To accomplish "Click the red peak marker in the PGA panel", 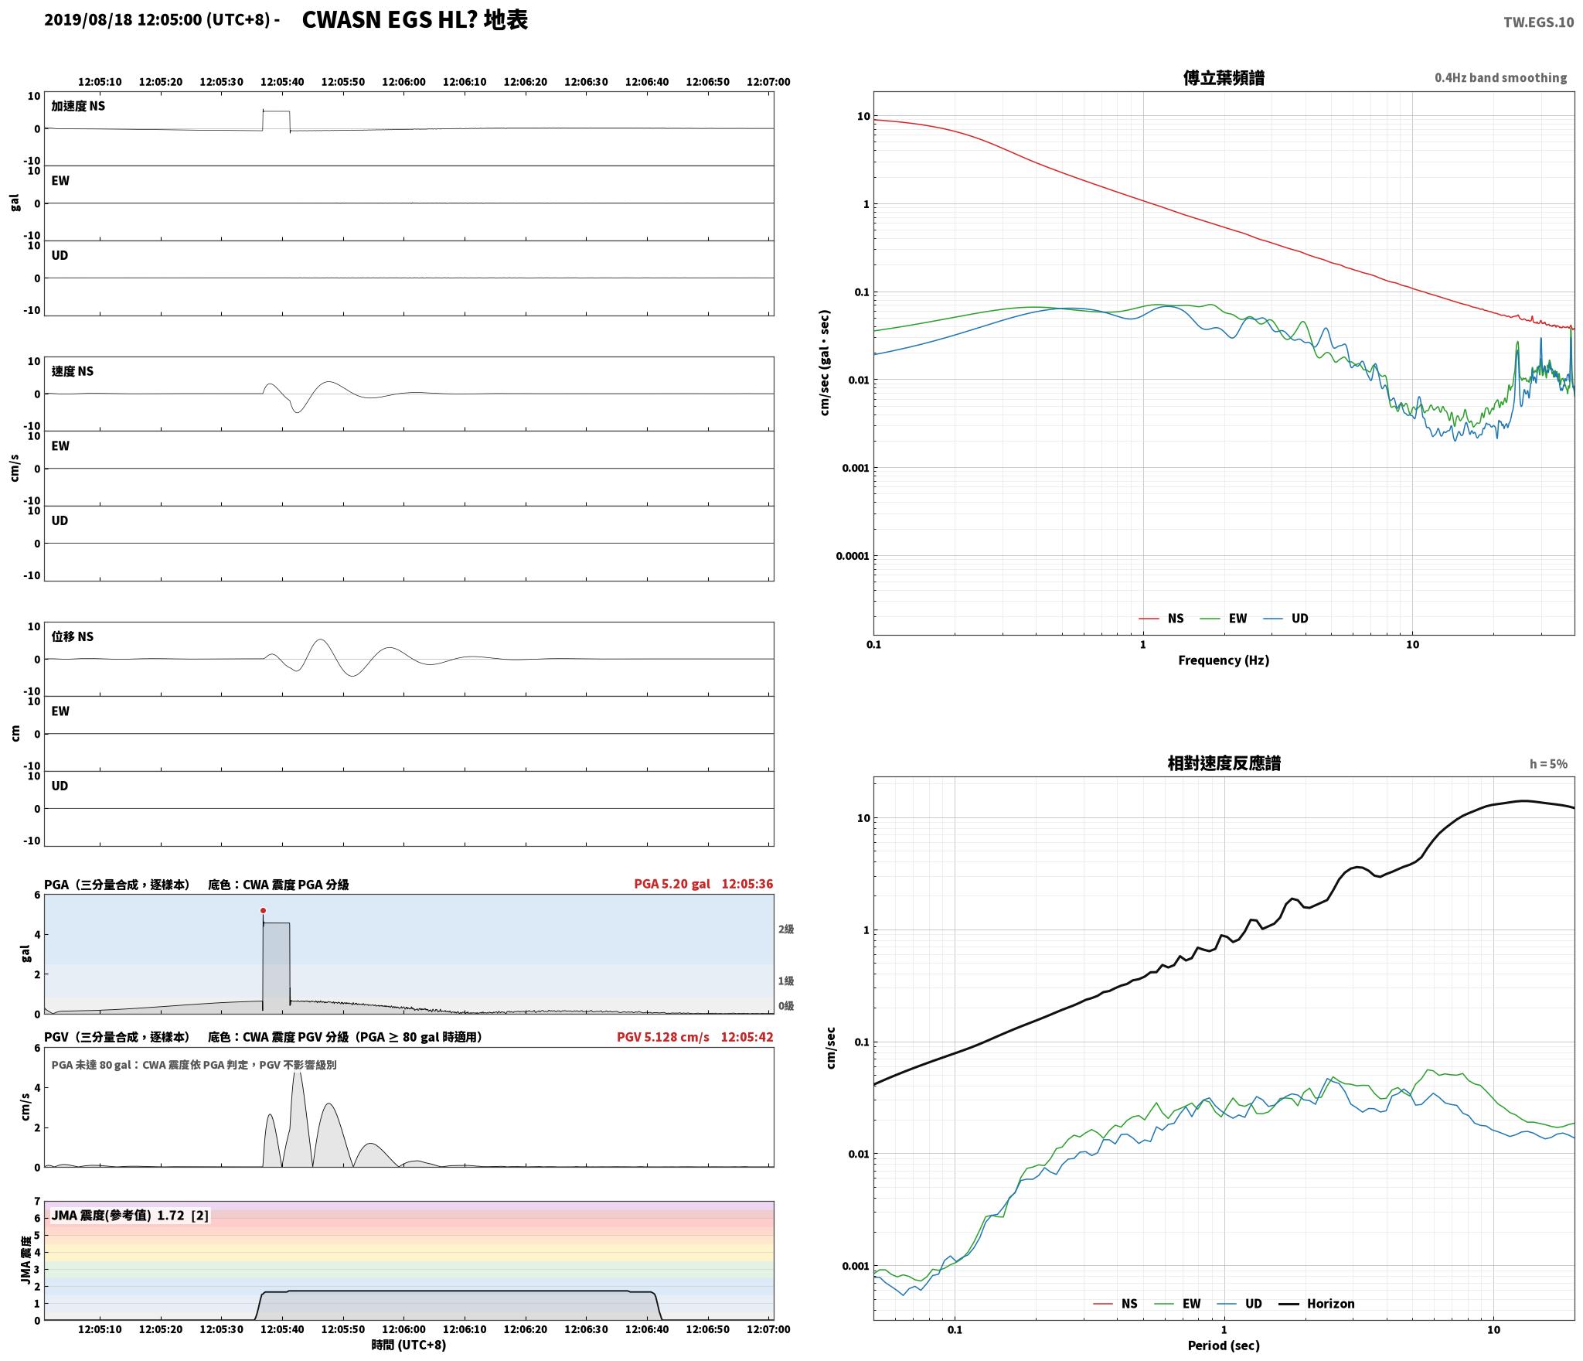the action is click(263, 911).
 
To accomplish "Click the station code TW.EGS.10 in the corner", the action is click(1538, 22).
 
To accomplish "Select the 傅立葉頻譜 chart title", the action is click(1224, 78).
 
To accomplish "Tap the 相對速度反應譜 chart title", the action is click(1224, 763).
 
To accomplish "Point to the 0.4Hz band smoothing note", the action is click(1500, 77).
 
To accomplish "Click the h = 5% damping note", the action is click(1548, 764).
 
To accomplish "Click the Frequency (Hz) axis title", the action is click(1224, 660).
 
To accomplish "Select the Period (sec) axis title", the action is click(1224, 1346).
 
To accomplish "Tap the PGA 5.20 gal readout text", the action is click(672, 884).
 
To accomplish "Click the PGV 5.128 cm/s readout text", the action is click(662, 1037).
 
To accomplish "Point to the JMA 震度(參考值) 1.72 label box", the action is click(130, 1216).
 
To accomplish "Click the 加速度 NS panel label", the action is click(78, 106).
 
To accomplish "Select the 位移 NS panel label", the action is click(73, 636).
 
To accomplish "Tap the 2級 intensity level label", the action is click(786, 930).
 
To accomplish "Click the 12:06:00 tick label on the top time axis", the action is click(403, 82).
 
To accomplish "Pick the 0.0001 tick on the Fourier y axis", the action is click(853, 556).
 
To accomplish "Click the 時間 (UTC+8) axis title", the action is click(409, 1345).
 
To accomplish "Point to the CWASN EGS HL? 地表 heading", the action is click(414, 20).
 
